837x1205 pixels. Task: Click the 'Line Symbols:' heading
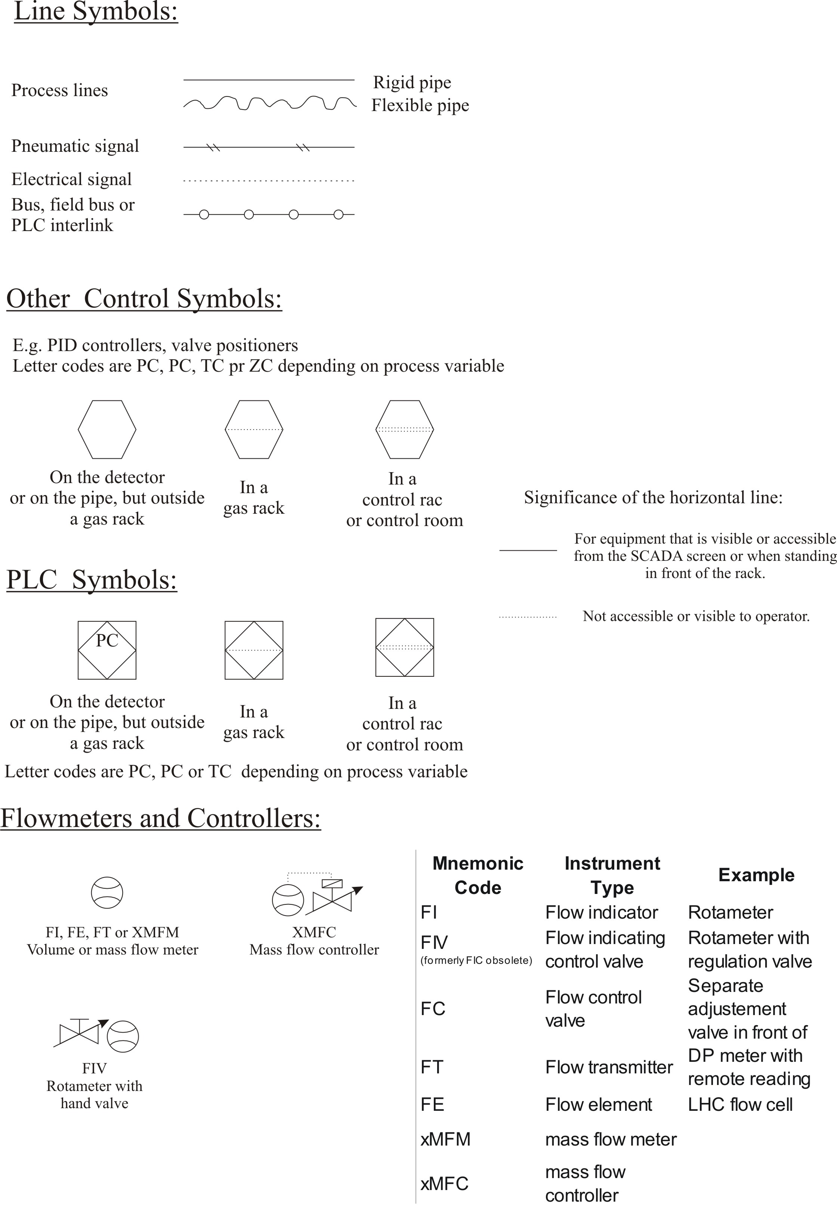click(x=96, y=12)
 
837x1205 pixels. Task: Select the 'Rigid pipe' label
click(x=412, y=82)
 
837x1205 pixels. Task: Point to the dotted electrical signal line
click(x=269, y=181)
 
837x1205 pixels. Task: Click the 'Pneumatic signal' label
click(x=75, y=146)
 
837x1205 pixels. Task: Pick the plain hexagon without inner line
click(x=107, y=430)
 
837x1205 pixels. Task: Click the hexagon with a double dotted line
click(x=404, y=430)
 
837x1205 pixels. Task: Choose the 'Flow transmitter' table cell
click(x=608, y=1067)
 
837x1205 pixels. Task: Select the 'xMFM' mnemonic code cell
click(x=445, y=1139)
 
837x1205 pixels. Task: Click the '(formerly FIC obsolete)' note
click(x=476, y=960)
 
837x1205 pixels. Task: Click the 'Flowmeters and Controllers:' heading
click(x=160, y=818)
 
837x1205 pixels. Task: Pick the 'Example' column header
click(x=756, y=874)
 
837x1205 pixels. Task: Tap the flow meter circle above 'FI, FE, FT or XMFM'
click(x=107, y=892)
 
